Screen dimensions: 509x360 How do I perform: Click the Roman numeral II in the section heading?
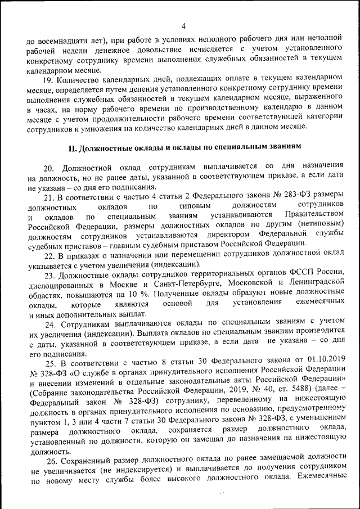(x=71, y=147)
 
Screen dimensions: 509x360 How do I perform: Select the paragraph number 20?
(x=49, y=166)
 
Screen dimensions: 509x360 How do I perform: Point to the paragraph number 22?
(x=49, y=254)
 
